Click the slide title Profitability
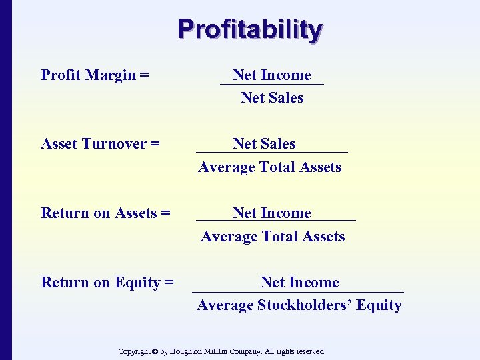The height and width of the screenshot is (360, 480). (x=250, y=30)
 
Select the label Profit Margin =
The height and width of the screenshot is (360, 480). (x=95, y=75)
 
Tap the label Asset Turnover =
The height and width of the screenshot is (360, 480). (x=100, y=144)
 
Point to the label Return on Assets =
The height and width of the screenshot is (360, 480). (x=105, y=213)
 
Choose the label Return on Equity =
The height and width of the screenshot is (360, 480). (x=107, y=283)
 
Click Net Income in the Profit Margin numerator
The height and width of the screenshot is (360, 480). (x=271, y=75)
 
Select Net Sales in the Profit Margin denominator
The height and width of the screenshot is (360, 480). (x=272, y=98)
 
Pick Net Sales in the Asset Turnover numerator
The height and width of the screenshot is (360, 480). (x=264, y=144)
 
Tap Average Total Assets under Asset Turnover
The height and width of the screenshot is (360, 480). (x=269, y=167)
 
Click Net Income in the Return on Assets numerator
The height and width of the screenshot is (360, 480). (x=271, y=213)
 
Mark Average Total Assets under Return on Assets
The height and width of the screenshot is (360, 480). (x=273, y=237)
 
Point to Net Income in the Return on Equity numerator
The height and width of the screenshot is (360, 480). (x=299, y=283)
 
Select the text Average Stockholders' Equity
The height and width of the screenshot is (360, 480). (x=299, y=305)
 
